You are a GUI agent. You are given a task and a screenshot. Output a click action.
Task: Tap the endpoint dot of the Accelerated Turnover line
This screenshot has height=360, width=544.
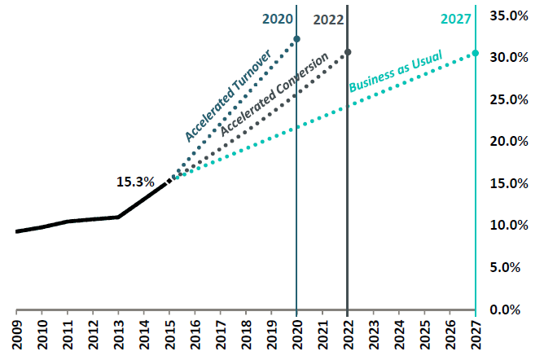coord(296,39)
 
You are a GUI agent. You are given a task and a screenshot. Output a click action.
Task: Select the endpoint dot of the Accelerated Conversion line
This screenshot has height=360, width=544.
coord(348,52)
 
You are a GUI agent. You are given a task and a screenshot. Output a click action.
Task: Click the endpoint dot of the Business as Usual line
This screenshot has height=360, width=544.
coord(475,54)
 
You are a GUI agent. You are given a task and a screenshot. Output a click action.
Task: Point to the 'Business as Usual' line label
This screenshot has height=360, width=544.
coord(395,72)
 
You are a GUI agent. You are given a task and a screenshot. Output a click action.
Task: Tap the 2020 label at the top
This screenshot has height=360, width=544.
coord(277,19)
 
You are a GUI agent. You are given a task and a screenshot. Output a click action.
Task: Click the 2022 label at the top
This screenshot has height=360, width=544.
coord(328,19)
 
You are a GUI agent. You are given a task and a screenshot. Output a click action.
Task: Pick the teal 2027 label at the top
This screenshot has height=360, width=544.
coord(455,20)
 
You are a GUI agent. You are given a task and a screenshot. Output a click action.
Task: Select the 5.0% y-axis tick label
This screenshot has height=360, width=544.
coord(510,267)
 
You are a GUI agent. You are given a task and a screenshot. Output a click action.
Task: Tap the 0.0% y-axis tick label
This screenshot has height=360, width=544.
coord(510,310)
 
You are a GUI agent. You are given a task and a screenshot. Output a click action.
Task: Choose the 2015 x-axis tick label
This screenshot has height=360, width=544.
coord(169,336)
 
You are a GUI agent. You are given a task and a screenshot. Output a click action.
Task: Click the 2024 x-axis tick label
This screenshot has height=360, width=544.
coord(399,336)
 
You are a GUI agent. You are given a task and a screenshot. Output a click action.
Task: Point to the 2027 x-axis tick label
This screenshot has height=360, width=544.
coord(476,336)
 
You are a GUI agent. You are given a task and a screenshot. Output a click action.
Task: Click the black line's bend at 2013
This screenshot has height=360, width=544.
coord(118,217)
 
